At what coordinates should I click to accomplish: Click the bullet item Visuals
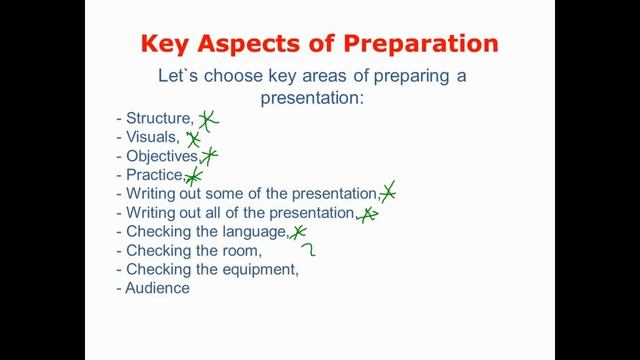152,137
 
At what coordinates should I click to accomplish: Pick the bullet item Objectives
162,156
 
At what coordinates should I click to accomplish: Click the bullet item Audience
157,288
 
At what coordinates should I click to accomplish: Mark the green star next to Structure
207,121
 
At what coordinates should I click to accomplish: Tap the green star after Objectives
209,155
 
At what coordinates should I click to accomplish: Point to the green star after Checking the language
297,232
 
